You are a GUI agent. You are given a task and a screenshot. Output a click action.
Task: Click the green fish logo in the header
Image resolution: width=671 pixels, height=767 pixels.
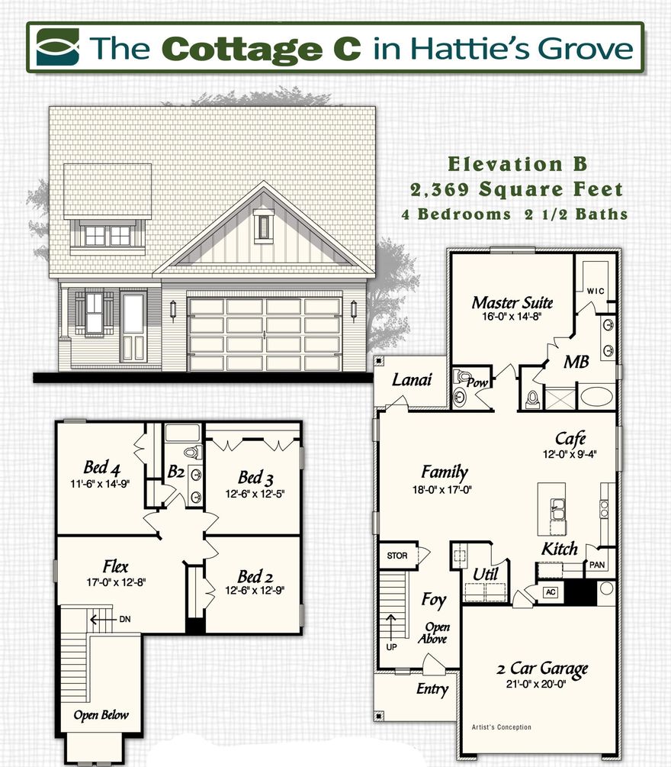point(57,47)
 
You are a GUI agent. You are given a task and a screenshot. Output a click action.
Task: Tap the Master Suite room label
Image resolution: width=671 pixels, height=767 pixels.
point(512,303)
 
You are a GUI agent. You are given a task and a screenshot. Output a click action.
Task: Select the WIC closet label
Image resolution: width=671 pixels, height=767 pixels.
point(596,291)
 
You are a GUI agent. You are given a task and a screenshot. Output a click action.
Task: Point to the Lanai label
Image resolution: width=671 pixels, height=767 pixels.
point(412,379)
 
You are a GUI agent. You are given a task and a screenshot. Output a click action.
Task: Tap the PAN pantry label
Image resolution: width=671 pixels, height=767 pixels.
point(596,566)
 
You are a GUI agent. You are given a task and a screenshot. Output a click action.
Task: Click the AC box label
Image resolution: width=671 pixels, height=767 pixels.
point(550,592)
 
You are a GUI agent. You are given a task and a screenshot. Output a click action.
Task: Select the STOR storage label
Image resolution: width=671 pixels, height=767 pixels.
point(397,556)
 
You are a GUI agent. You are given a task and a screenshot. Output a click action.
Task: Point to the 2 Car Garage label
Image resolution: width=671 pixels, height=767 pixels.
point(542,669)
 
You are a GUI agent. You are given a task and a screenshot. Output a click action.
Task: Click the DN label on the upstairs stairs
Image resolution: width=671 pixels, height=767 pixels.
point(124,619)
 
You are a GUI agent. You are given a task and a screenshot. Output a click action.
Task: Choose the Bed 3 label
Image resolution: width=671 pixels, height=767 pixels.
point(255,478)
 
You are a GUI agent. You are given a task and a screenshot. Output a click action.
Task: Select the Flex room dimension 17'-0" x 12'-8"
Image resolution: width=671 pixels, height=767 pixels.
point(116,582)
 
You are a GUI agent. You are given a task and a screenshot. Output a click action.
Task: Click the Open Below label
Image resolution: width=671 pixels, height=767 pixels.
point(101,715)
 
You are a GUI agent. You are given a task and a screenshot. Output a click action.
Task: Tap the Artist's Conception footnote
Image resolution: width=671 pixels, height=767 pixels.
point(502,727)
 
